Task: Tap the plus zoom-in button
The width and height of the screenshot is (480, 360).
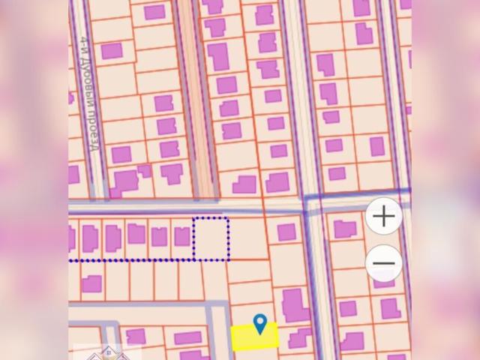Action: coord(384,217)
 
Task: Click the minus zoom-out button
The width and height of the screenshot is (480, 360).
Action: coord(384,263)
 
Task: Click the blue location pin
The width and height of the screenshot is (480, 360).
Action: coord(260,324)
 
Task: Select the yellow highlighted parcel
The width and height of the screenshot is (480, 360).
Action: coord(254,337)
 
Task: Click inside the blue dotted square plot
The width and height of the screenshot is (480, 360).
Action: coord(211,238)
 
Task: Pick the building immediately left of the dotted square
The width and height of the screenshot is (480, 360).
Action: coord(181,237)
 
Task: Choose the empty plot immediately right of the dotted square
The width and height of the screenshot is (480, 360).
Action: coord(247,238)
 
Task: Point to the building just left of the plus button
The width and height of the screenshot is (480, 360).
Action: coord(345,229)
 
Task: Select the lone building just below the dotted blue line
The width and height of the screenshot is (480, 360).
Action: coord(91,283)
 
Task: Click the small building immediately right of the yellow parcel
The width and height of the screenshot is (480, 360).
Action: coord(300,337)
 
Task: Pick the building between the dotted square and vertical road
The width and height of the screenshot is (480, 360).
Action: coord(286,232)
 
